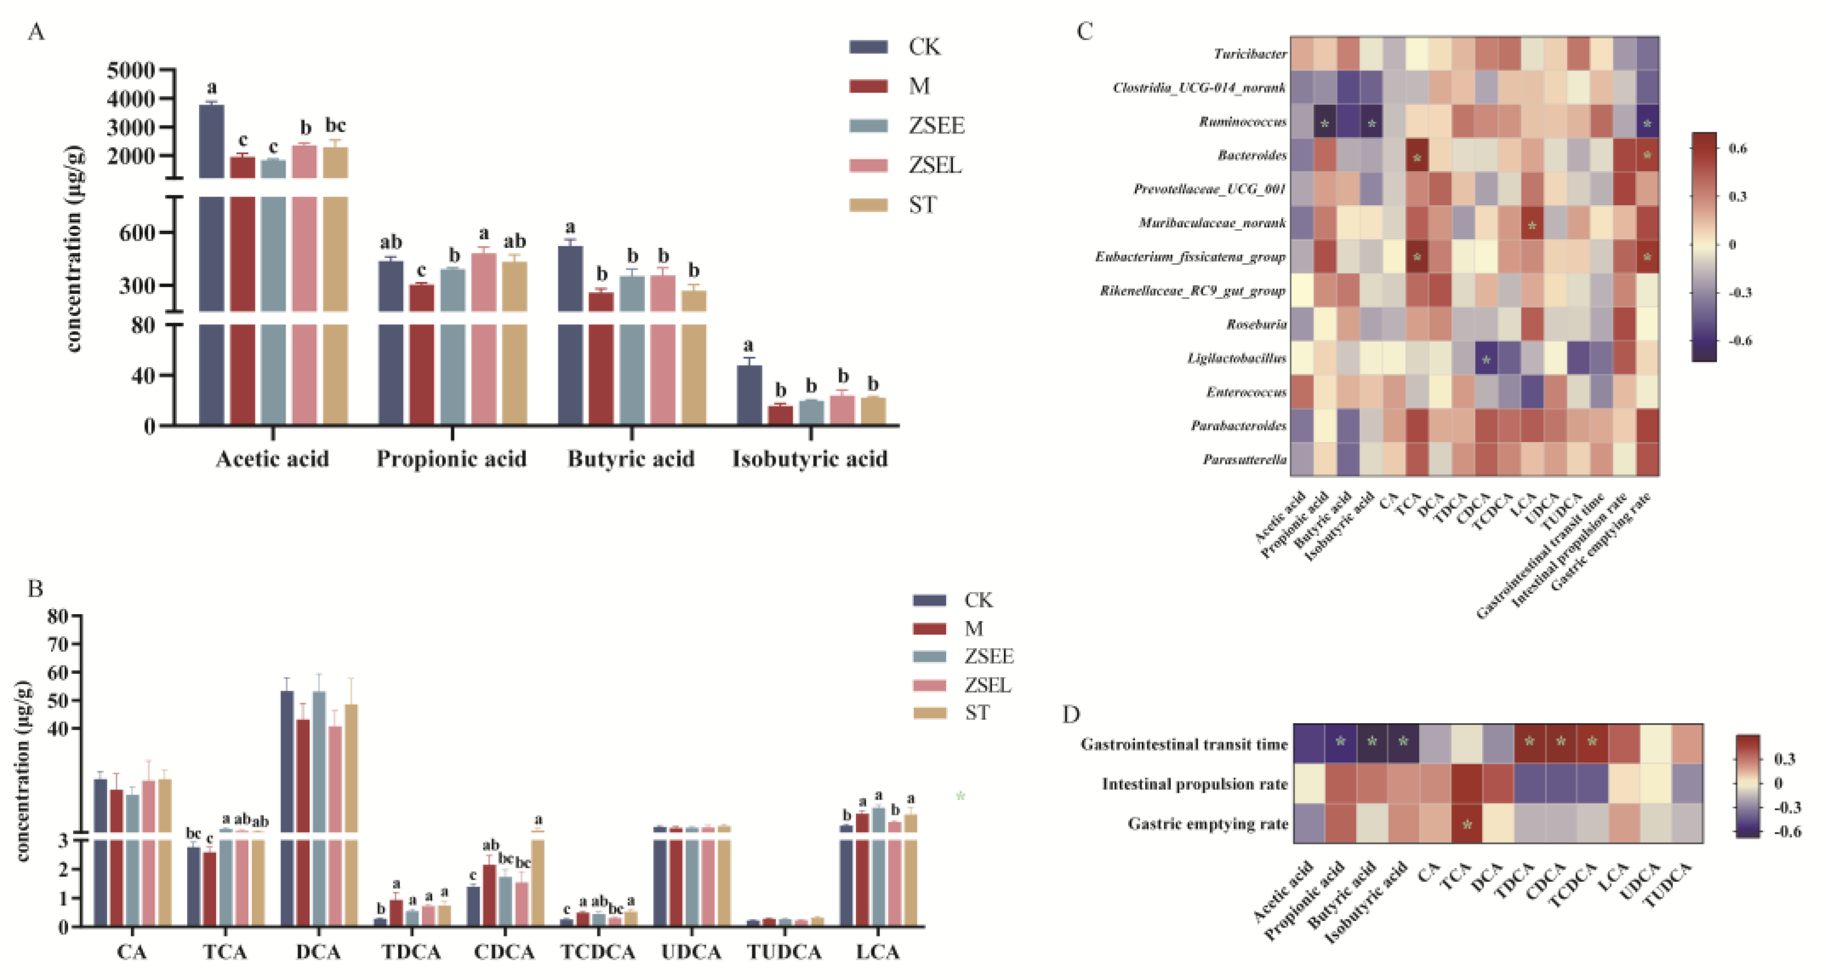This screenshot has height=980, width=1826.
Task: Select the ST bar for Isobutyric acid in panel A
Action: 873,411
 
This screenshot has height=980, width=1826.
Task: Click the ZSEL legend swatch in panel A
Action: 868,165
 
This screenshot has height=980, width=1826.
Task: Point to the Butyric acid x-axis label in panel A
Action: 630,459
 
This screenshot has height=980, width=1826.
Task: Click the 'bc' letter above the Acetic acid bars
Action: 335,125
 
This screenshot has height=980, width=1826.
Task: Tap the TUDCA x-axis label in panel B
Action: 784,952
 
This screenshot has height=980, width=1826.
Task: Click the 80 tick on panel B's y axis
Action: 58,616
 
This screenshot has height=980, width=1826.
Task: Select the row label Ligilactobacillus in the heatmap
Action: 1236,358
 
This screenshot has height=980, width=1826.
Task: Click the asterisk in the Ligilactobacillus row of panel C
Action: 1486,360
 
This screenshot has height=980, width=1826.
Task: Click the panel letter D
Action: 1071,714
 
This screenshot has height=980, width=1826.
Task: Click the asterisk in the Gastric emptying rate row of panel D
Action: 1467,825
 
